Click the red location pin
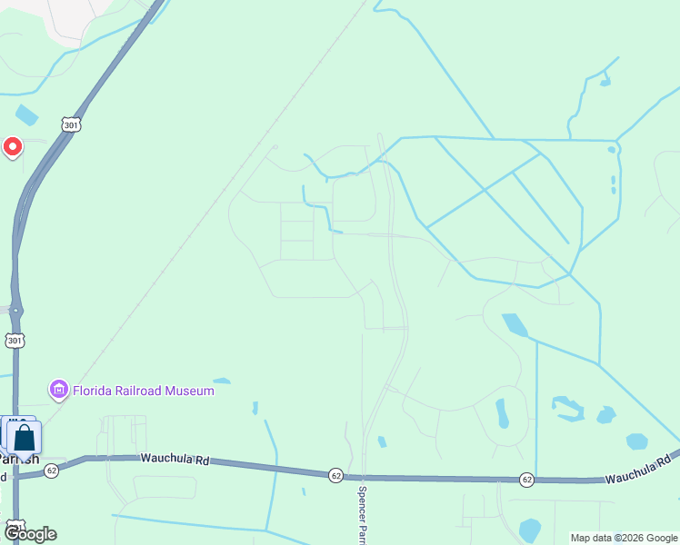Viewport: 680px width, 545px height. (13, 146)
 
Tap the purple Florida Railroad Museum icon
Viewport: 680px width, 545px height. (59, 391)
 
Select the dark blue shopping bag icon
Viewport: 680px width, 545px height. (25, 438)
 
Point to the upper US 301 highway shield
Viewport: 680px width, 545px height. (71, 124)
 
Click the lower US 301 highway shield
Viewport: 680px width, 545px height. (15, 341)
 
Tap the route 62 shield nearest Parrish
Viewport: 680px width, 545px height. (52, 471)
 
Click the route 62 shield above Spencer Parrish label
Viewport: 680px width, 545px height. (336, 475)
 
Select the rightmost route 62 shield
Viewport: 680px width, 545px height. (527, 479)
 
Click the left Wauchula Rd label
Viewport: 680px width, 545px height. (175, 460)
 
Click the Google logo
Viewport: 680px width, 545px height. (29, 533)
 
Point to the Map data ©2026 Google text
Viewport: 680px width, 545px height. (624, 538)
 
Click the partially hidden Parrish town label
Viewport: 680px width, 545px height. (20, 459)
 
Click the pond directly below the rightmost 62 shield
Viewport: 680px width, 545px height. (529, 530)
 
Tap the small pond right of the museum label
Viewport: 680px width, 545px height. (221, 381)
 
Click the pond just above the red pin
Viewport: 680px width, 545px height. (26, 115)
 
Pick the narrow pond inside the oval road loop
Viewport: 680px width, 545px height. (502, 413)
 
